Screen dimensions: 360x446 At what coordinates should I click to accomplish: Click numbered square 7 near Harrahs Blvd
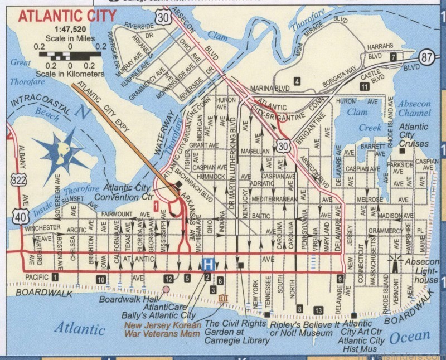coord(393,57)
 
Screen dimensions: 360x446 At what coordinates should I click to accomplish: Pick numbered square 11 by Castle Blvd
coord(365,86)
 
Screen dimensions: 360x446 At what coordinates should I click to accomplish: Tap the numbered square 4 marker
coord(297,82)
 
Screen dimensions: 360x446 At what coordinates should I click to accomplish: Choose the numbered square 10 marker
coord(100,279)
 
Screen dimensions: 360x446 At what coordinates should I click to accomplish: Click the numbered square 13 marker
coord(318,310)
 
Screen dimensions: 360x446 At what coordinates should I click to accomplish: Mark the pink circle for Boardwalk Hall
coord(166,289)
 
